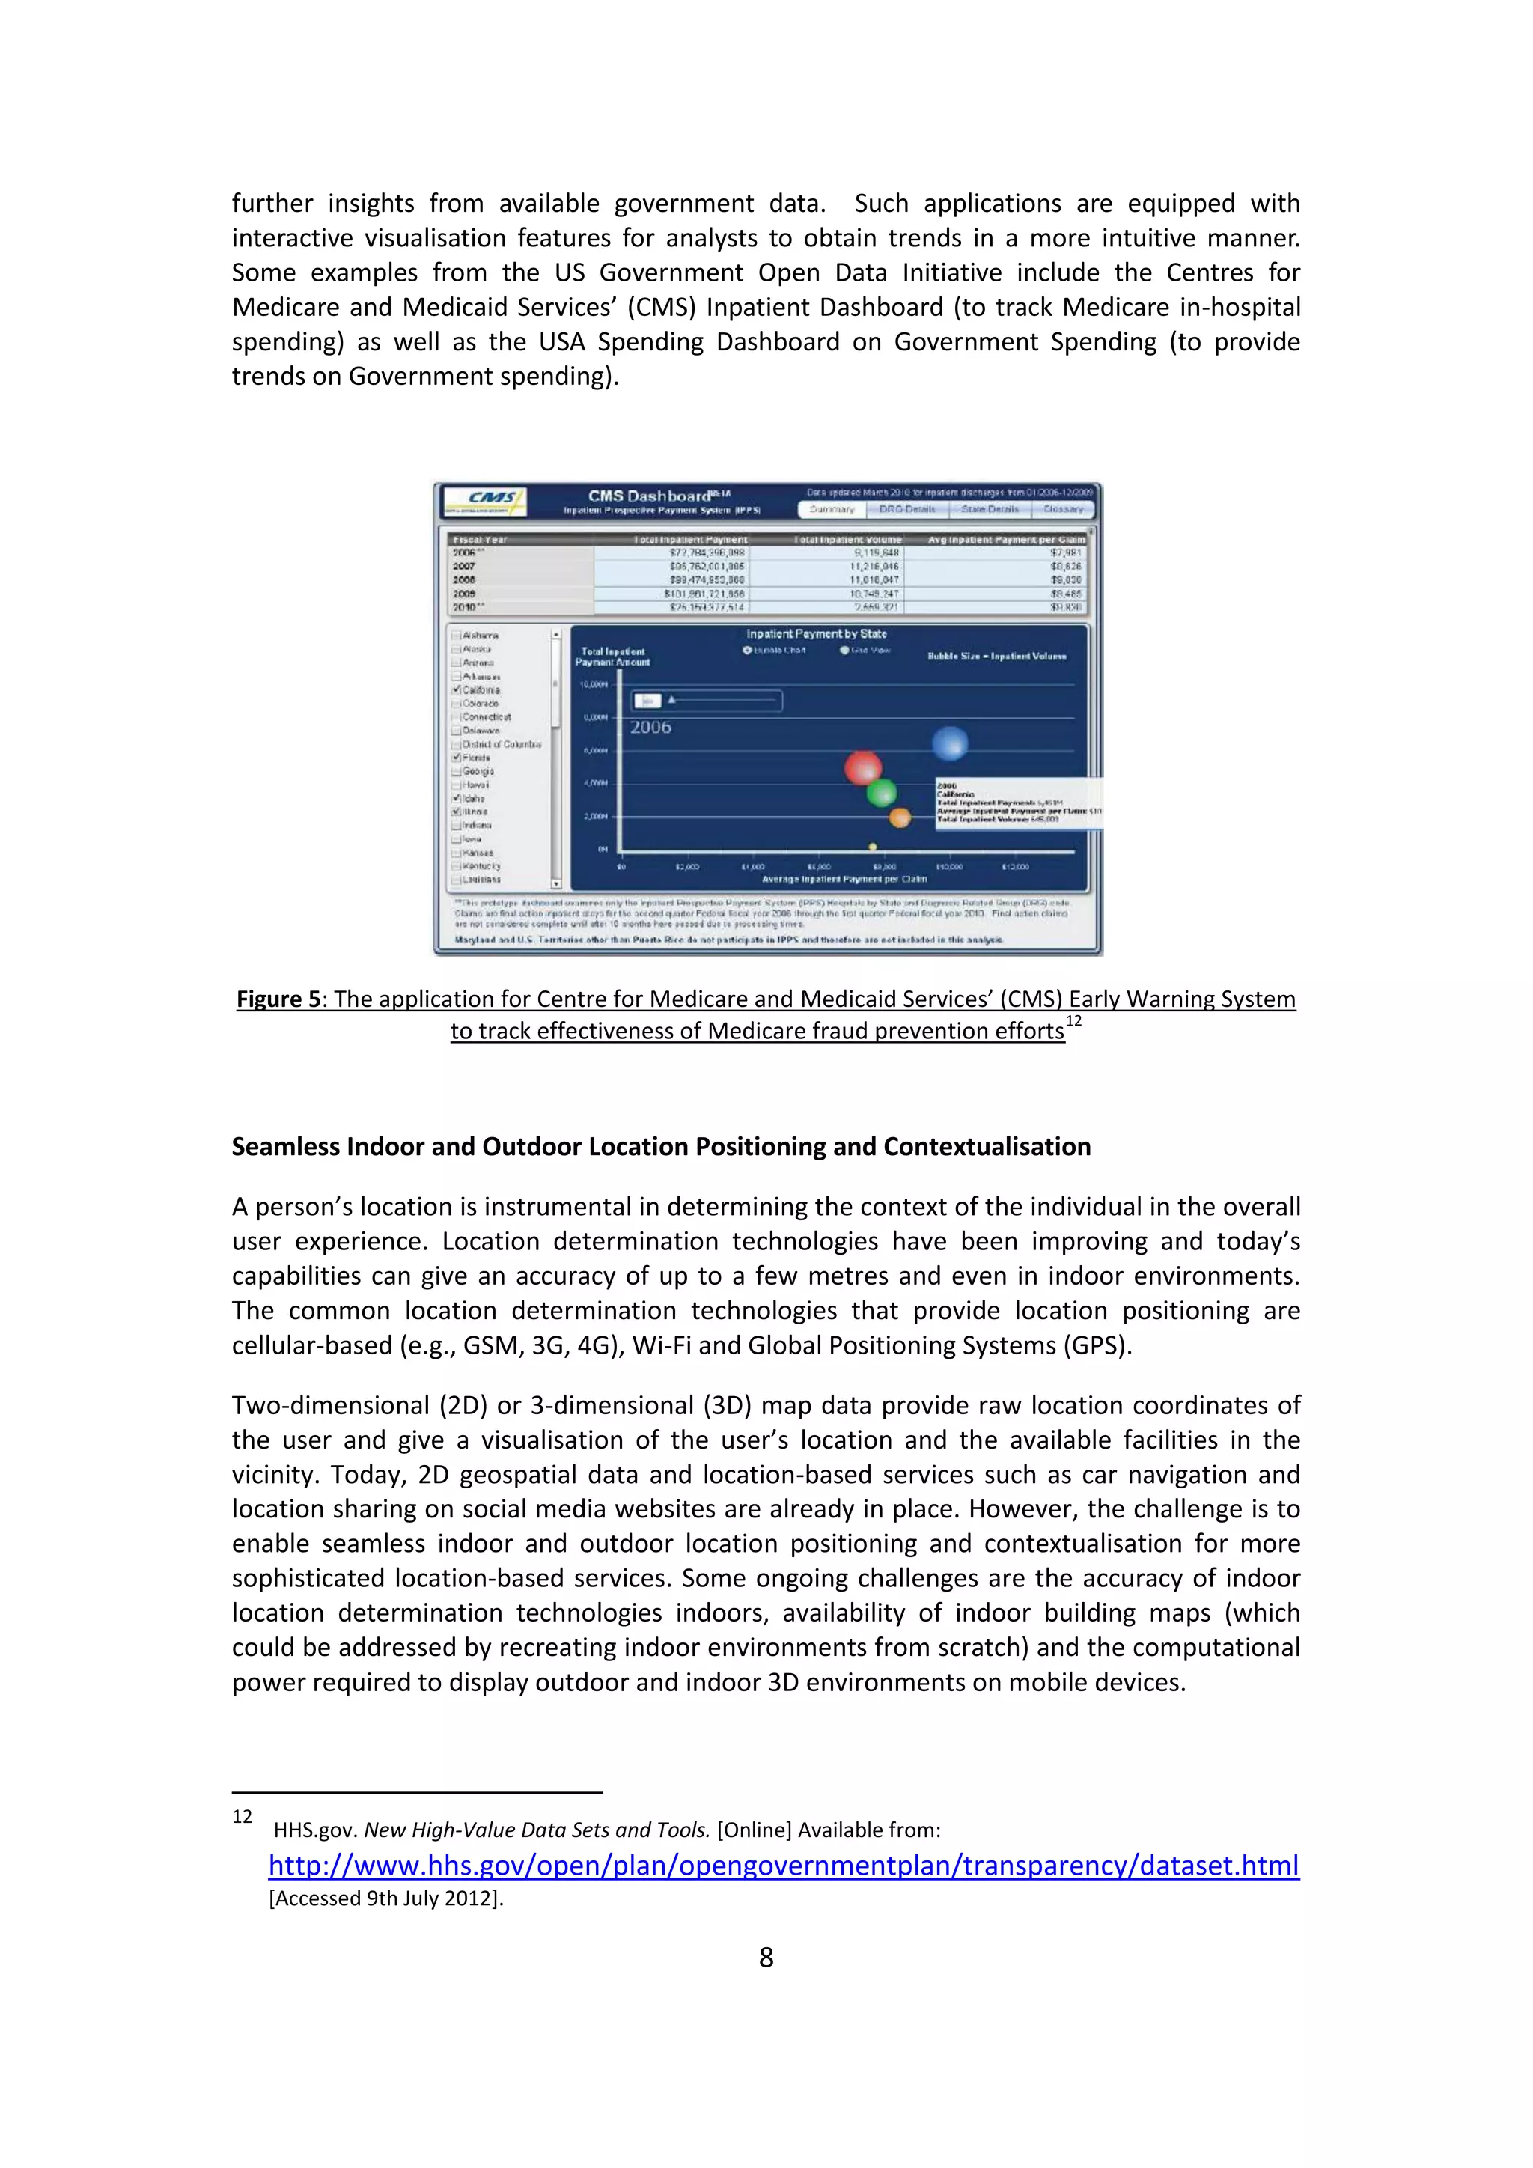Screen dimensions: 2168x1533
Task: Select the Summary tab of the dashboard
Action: pos(832,509)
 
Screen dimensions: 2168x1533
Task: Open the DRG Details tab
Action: pos(906,509)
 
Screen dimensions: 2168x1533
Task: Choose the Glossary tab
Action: pos(1063,509)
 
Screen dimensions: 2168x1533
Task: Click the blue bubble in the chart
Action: pos(950,743)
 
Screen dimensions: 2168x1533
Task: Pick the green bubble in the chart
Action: pos(882,792)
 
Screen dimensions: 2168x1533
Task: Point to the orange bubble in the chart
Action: pos(900,817)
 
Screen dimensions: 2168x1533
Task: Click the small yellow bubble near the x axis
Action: pos(874,846)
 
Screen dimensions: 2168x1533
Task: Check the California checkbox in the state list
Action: pos(457,689)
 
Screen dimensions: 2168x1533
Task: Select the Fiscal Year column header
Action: pos(481,540)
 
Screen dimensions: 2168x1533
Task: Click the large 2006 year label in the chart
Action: pos(650,727)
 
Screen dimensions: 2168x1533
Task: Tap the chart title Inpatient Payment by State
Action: pos(817,633)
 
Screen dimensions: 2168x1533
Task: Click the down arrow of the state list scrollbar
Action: pos(556,884)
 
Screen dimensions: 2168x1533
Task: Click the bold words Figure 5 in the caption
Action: pos(278,999)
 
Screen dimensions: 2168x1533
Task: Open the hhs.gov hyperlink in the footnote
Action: pos(784,1865)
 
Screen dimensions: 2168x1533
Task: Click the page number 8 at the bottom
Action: pos(766,1958)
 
